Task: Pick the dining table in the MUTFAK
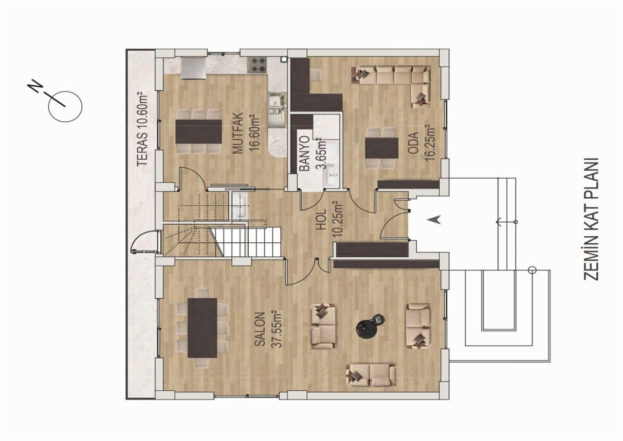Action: click(x=199, y=130)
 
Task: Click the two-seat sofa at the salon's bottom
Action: click(x=371, y=375)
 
